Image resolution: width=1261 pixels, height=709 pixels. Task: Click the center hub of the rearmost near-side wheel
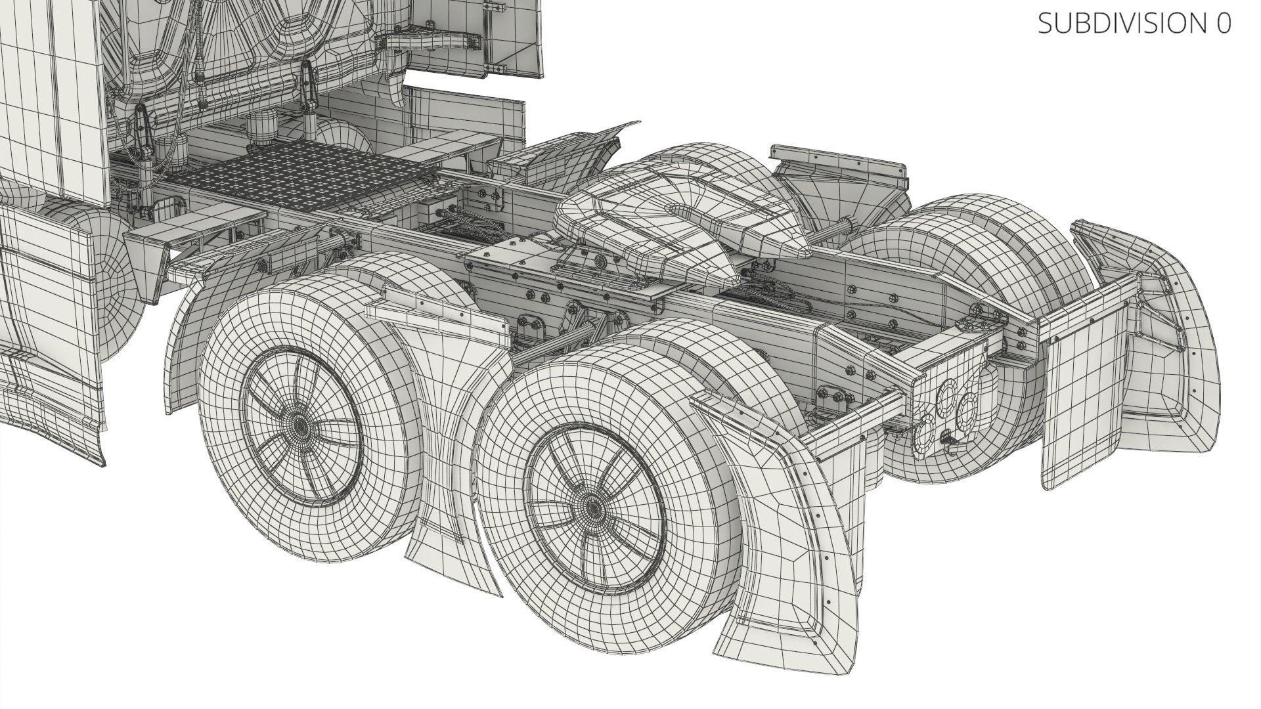point(592,507)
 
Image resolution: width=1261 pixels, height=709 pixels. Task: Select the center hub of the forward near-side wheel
point(301,426)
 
